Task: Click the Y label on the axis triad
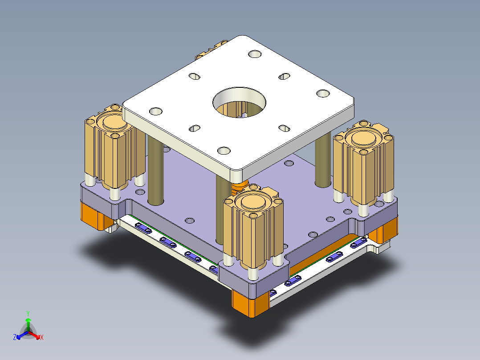tap(28, 313)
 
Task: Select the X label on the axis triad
tap(41, 338)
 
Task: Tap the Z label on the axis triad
tap(15, 338)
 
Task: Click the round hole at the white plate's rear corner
tap(255, 54)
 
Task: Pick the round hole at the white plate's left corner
tap(156, 110)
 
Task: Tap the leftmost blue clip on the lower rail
tap(143, 229)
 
